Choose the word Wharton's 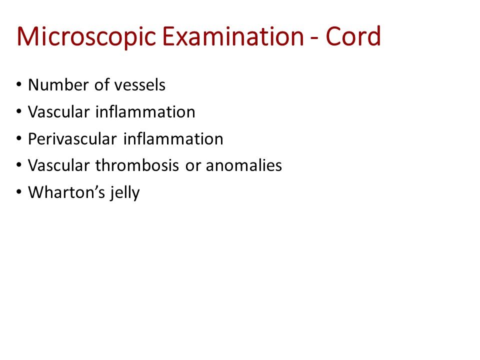point(62,192)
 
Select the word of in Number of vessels point(101,85)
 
